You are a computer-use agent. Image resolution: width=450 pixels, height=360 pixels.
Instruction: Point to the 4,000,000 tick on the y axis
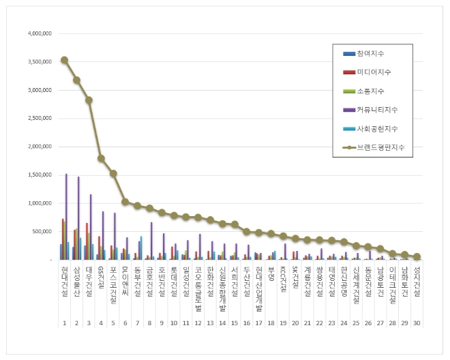coord(39,33)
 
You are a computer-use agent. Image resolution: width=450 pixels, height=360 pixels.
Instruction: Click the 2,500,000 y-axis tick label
coord(39,118)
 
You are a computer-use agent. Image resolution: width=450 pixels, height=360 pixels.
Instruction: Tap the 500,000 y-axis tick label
coord(43,232)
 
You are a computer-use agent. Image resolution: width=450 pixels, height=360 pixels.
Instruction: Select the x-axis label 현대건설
coord(64,281)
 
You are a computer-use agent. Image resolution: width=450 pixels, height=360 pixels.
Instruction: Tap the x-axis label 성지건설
coord(417,281)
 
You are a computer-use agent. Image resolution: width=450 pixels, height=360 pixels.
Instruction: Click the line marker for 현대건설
coord(64,60)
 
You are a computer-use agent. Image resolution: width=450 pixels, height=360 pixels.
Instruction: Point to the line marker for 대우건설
coord(89,100)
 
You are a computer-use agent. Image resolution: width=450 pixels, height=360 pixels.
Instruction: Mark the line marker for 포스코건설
coord(113,173)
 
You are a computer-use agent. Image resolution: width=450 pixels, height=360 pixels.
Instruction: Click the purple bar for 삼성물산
coord(78,218)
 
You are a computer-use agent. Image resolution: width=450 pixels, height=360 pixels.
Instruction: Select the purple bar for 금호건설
coord(151,241)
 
